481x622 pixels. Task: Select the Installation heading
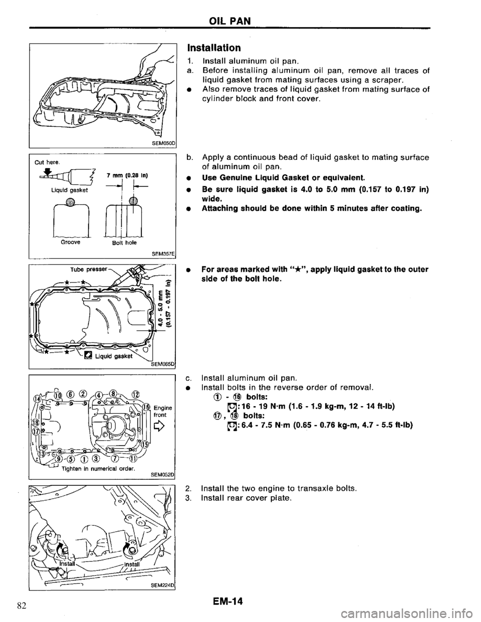click(x=215, y=49)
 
